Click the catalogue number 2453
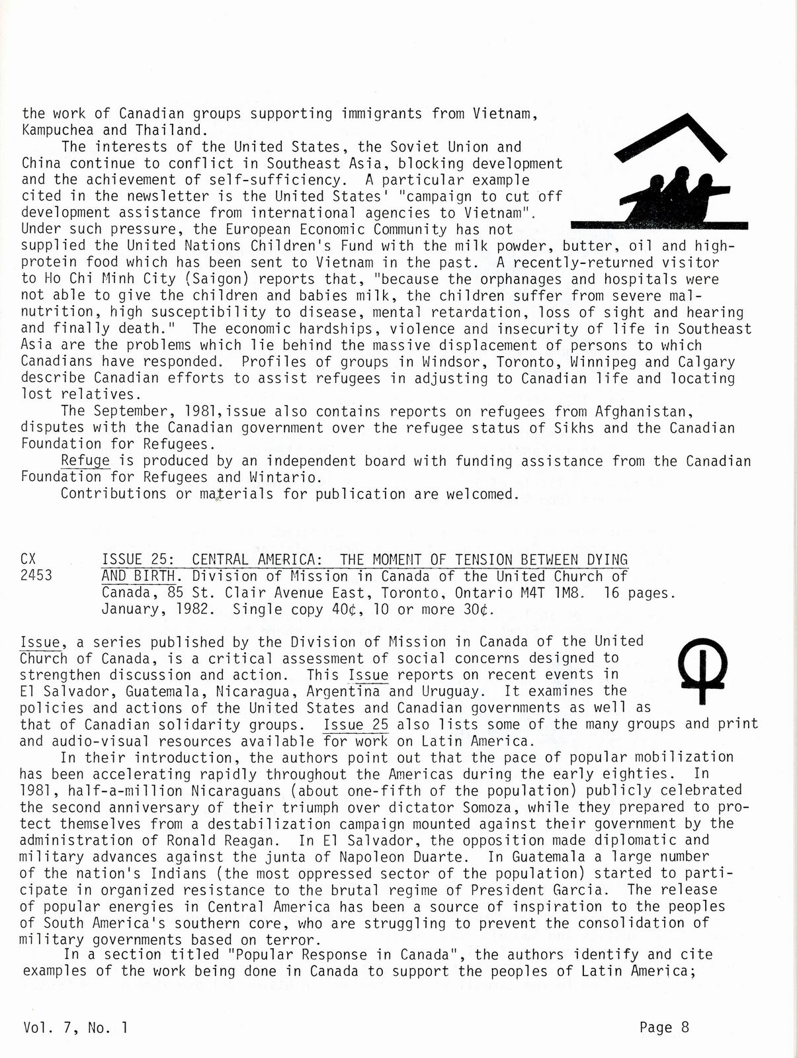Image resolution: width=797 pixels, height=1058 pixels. click(36, 576)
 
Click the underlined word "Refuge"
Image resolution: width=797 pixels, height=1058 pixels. click(85, 461)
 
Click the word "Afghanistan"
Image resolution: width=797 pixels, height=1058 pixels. click(639, 411)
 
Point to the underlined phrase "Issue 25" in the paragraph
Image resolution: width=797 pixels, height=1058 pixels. click(356, 724)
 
